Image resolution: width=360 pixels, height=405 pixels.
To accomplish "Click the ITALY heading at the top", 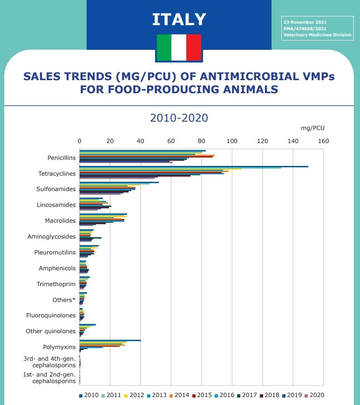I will (x=179, y=19).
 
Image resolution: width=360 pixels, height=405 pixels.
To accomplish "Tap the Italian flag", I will (x=179, y=48).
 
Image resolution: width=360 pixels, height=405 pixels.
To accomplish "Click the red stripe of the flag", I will (x=194, y=48).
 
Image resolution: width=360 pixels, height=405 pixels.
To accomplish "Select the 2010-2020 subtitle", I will (x=179, y=118).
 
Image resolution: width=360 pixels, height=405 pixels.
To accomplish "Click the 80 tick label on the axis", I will (x=201, y=141).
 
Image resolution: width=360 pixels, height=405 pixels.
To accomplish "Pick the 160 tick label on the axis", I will (x=323, y=141).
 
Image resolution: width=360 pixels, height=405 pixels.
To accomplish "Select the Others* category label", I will (x=64, y=300).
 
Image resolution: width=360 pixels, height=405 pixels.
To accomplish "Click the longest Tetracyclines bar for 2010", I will (x=194, y=166).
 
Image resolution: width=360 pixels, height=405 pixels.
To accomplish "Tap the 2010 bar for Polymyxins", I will (x=110, y=341).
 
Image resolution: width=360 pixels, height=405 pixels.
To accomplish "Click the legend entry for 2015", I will (x=202, y=395).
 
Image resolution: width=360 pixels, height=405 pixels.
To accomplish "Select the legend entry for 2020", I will (x=313, y=395).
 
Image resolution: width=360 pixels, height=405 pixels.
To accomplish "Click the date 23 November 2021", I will (x=305, y=22).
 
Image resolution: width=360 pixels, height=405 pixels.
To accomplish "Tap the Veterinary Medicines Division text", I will (x=317, y=34).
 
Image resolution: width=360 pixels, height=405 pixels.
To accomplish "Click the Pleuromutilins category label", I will (x=55, y=252).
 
